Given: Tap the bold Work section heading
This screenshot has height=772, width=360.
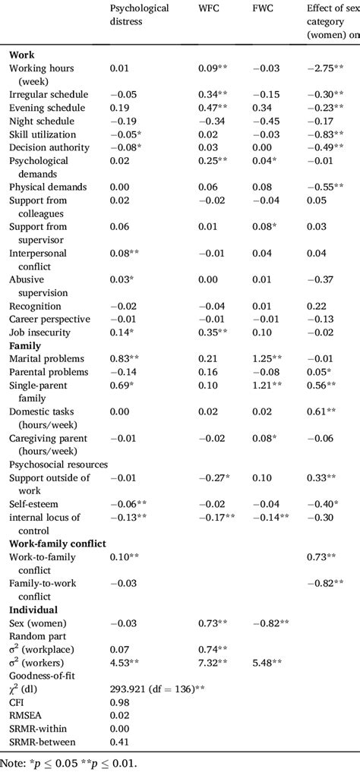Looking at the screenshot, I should tap(23, 55).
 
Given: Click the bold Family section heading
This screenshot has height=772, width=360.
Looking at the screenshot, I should tap(27, 345).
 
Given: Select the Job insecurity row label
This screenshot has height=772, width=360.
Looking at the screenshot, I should tap(40, 332).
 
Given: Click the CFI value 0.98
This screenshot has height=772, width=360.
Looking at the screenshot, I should tap(120, 695).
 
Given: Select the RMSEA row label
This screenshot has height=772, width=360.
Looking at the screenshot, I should tap(28, 708).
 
